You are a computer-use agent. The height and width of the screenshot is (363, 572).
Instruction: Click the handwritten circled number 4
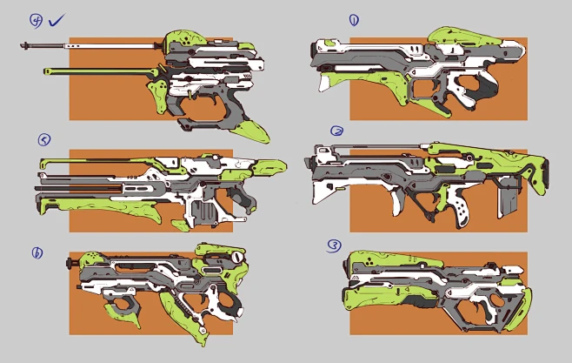coord(37,19)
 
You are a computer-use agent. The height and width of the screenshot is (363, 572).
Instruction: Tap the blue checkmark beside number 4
coord(58,18)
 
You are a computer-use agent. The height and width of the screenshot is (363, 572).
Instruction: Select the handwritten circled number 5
coord(43,138)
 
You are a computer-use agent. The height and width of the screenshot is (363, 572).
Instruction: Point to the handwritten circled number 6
coord(37,253)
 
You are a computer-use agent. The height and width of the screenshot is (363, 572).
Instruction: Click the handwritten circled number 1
coord(354,19)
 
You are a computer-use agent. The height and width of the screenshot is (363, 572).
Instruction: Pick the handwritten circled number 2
coord(337,131)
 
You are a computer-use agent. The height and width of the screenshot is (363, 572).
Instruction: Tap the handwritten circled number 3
coord(335,245)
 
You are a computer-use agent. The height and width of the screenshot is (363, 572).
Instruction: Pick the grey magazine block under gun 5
coord(207,212)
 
